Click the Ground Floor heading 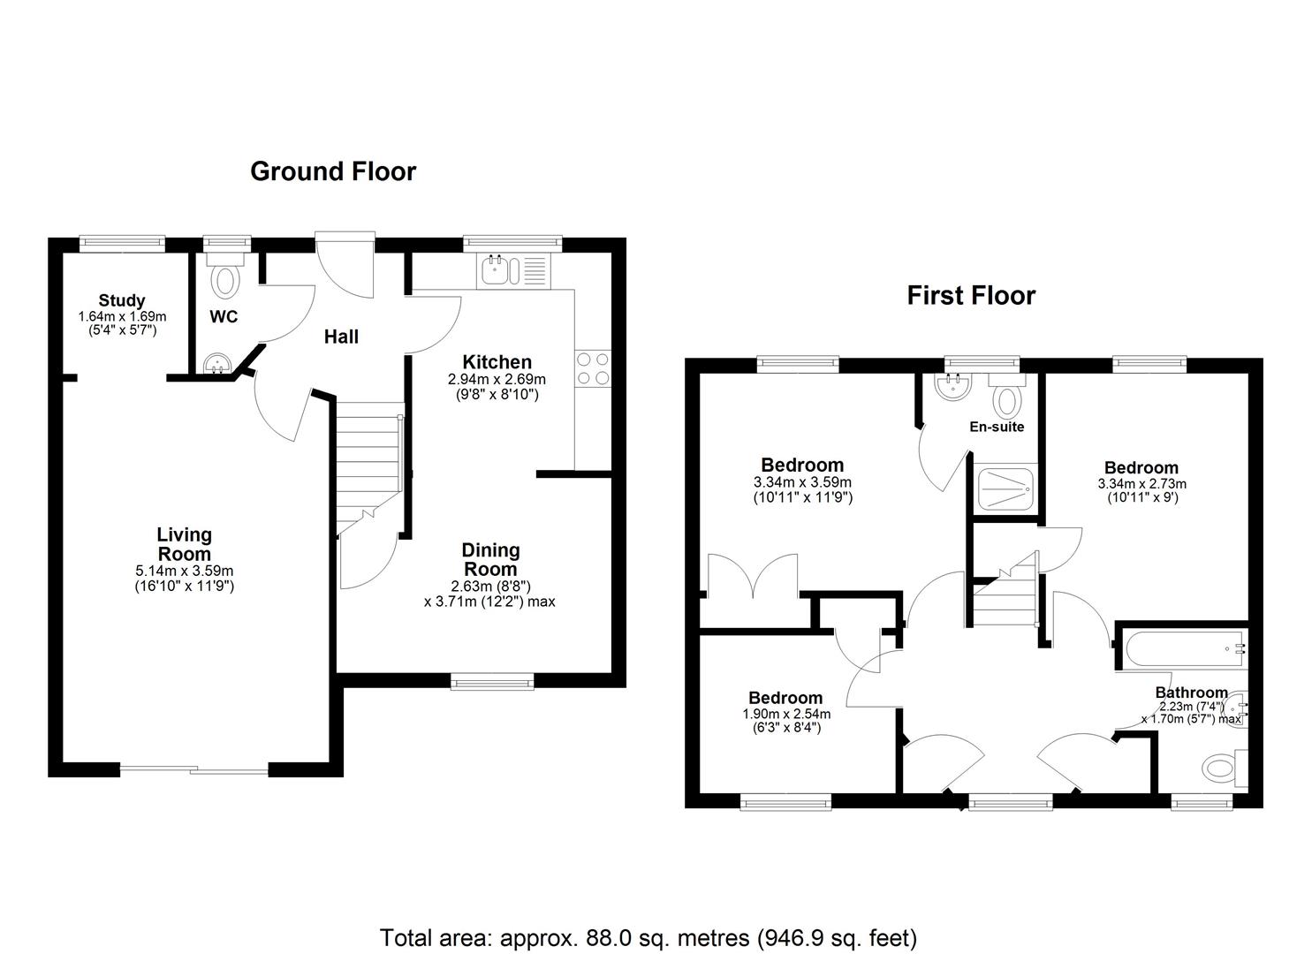pyautogui.click(x=333, y=171)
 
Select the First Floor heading pyautogui.click(x=971, y=296)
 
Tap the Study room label pyautogui.click(x=122, y=300)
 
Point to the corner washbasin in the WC pyautogui.click(x=217, y=364)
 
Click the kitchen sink pyautogui.click(x=499, y=270)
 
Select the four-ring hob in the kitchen pyautogui.click(x=593, y=368)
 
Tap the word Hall pyautogui.click(x=341, y=337)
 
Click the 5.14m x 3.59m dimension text pyautogui.click(x=185, y=571)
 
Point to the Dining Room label pyautogui.click(x=490, y=559)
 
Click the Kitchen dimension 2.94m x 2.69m pyautogui.click(x=497, y=379)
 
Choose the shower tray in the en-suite pyautogui.click(x=1005, y=488)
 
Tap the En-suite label pyautogui.click(x=997, y=427)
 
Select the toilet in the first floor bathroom pyautogui.click(x=1225, y=768)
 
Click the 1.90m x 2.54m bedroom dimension pyautogui.click(x=786, y=714)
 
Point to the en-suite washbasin pyautogui.click(x=955, y=388)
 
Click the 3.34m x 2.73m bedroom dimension pyautogui.click(x=1141, y=484)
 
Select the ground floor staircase pyautogui.click(x=370, y=468)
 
